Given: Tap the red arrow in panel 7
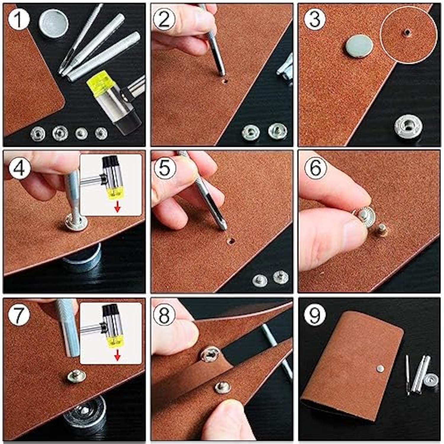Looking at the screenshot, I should point(118,355).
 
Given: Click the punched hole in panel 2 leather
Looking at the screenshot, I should point(225,81).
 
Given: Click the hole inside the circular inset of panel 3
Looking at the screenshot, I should point(408,32).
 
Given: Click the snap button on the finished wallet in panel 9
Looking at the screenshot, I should point(380,368).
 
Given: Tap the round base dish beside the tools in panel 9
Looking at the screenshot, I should point(431,380).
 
